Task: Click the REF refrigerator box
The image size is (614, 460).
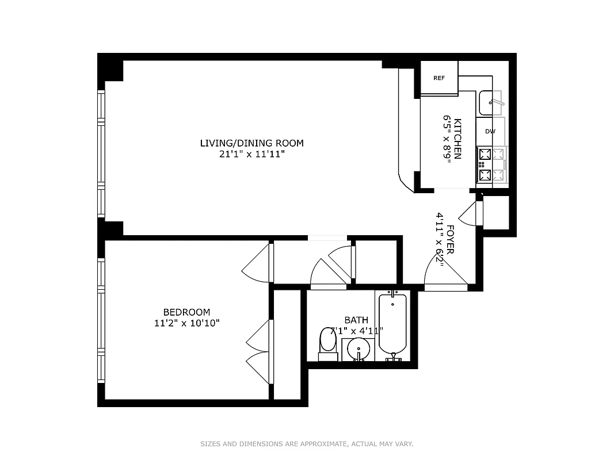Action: pyautogui.click(x=439, y=78)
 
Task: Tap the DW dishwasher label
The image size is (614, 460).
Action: pyautogui.click(x=490, y=132)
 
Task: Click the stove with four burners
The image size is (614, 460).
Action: pyautogui.click(x=492, y=165)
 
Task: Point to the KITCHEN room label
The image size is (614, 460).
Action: pyautogui.click(x=458, y=139)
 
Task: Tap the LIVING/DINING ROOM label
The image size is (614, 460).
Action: pyautogui.click(x=251, y=143)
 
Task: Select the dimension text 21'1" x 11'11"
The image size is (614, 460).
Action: pyautogui.click(x=251, y=154)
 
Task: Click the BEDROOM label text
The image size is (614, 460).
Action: pyautogui.click(x=186, y=312)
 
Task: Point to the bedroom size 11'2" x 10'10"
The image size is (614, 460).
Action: pyautogui.click(x=186, y=323)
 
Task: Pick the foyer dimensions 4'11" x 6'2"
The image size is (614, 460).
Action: pyautogui.click(x=440, y=239)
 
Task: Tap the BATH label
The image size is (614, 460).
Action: pyautogui.click(x=356, y=320)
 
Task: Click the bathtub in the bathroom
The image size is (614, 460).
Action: pyautogui.click(x=392, y=325)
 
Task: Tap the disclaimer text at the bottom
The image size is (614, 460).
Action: pyautogui.click(x=307, y=444)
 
